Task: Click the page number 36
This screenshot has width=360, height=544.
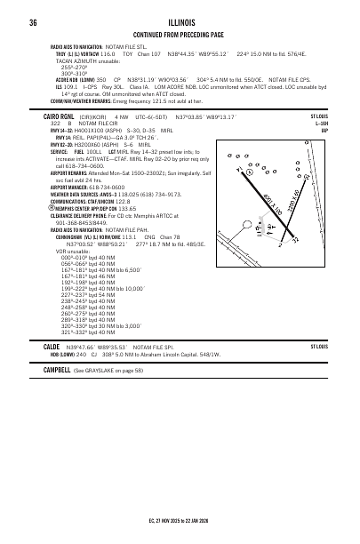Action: pyautogui.click(x=32, y=22)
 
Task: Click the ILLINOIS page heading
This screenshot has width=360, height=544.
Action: pyautogui.click(x=180, y=22)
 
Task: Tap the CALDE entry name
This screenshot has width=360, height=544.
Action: pyautogui.click(x=52, y=347)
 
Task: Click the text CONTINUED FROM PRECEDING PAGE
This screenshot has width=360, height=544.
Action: pyautogui.click(x=180, y=34)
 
